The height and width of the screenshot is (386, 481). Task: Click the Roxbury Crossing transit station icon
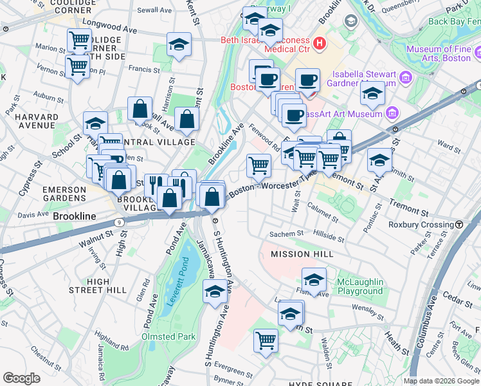(x=460, y=225)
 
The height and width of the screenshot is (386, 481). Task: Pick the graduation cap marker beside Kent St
(x=179, y=44)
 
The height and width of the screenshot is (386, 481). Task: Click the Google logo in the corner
(x=21, y=378)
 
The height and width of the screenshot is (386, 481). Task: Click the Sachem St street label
(x=287, y=234)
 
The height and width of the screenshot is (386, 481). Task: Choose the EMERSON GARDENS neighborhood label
(x=64, y=194)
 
